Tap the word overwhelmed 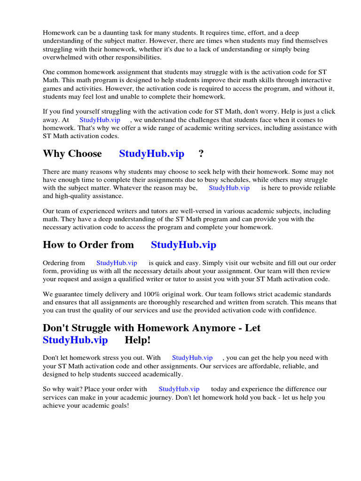pos(62,57)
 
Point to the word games pos(52,88)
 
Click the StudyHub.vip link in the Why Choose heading pos(151,154)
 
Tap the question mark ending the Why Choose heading pos(201,154)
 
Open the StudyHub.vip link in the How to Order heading pos(183,245)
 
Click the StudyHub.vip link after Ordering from pos(117,263)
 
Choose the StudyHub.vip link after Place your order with pos(179,389)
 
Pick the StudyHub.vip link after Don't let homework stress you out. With pos(192,358)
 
